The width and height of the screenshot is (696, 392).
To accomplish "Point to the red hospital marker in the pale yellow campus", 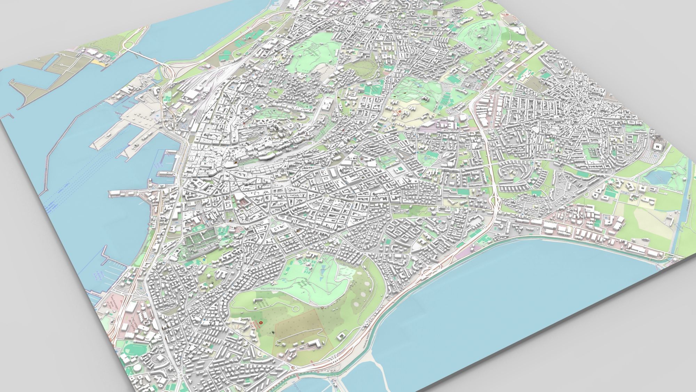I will [x=400, y=112].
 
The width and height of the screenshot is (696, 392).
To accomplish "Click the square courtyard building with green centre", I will [x=398, y=170].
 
